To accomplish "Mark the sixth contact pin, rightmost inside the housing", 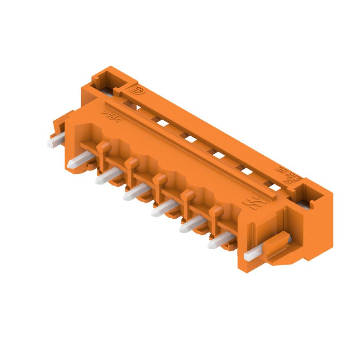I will click(x=217, y=243).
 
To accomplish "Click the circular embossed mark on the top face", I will click(x=136, y=90).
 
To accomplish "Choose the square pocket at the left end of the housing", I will click(x=107, y=80).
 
